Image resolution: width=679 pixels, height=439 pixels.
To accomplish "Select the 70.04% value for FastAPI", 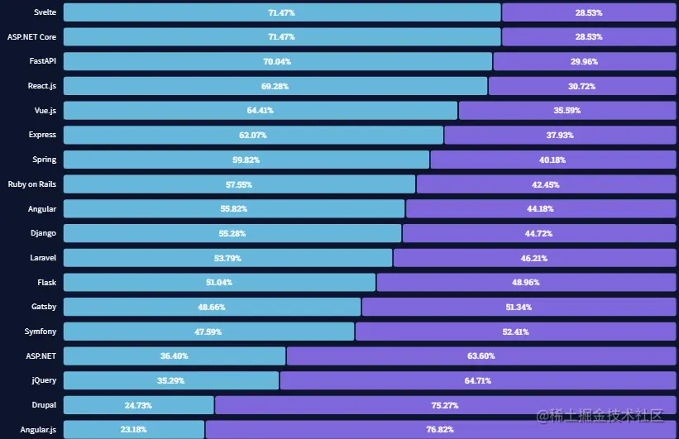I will [277, 62].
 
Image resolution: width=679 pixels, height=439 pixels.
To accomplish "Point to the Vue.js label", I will [44, 110].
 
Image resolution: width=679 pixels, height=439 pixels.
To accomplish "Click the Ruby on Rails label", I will [31, 184].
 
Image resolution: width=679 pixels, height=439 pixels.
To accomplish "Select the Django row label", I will [42, 233].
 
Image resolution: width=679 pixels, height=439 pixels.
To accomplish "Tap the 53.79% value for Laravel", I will [227, 258].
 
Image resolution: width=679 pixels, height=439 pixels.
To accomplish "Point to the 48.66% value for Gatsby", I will [212, 307].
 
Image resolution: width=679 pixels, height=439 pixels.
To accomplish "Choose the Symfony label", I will [41, 331].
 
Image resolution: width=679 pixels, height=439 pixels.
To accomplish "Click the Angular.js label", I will [38, 429].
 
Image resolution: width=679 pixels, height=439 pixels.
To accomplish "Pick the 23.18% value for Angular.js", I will [133, 430].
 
